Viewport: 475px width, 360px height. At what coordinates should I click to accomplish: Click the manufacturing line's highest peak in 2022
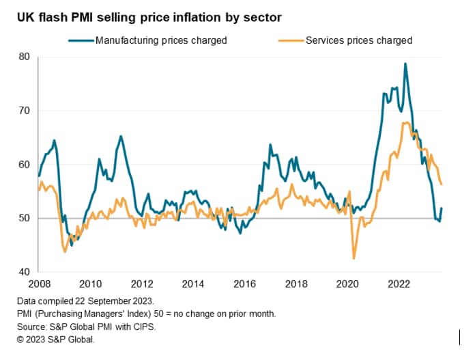(x=405, y=64)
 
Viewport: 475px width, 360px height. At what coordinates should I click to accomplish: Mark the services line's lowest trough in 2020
(x=354, y=258)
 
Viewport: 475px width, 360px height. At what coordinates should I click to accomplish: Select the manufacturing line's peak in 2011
(x=121, y=136)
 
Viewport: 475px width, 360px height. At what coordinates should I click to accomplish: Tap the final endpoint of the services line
(x=441, y=184)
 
